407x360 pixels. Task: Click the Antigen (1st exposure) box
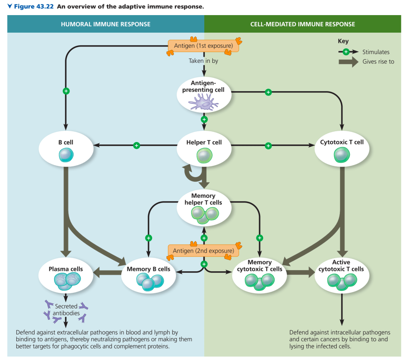point(203,46)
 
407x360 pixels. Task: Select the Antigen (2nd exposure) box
point(203,251)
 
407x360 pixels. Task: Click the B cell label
point(66,142)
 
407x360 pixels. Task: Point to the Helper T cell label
point(204,142)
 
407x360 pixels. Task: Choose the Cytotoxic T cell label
point(342,142)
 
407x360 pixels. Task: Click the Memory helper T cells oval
point(204,207)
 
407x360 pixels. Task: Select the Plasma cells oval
point(66,276)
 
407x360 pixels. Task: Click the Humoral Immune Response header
point(106,24)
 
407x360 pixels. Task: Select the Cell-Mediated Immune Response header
point(302,24)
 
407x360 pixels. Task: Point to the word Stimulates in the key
point(376,52)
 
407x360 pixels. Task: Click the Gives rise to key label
point(378,62)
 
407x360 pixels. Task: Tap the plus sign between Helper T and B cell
point(137,146)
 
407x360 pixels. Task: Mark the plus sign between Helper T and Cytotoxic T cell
point(268,146)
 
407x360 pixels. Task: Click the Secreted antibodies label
point(66,310)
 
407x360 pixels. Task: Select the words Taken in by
point(203,61)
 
